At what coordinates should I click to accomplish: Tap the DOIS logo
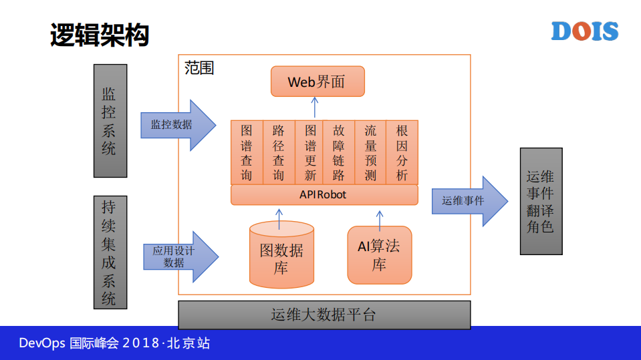point(585,31)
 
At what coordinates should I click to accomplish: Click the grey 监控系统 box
point(110,120)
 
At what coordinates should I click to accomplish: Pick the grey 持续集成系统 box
point(110,252)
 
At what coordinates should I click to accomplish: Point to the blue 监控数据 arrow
point(178,125)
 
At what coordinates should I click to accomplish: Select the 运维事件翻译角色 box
point(541,201)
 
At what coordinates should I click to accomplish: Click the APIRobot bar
point(324,195)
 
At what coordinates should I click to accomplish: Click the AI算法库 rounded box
point(379,255)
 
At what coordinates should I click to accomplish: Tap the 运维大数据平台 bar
point(324,315)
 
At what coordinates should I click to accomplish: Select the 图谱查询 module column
point(247,152)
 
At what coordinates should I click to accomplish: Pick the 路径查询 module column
point(278,152)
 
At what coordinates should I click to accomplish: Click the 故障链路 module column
point(339,152)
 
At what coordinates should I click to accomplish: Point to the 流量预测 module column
point(370,152)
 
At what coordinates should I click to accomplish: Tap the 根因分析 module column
point(402,152)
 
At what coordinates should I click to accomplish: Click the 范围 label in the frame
point(199,68)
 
